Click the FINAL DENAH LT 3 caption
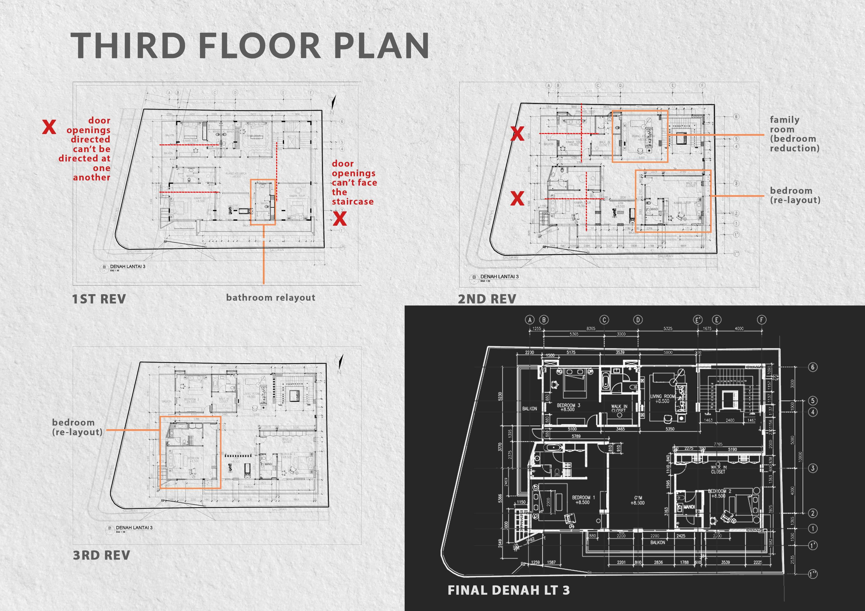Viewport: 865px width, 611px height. coord(509,590)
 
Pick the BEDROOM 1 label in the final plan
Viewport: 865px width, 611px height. coord(583,500)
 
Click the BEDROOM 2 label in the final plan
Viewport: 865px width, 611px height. coord(720,493)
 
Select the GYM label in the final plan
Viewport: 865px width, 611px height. coord(638,500)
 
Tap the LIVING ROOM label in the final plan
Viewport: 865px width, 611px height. coord(663,398)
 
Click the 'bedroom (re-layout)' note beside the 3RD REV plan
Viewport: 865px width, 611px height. coord(77,427)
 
